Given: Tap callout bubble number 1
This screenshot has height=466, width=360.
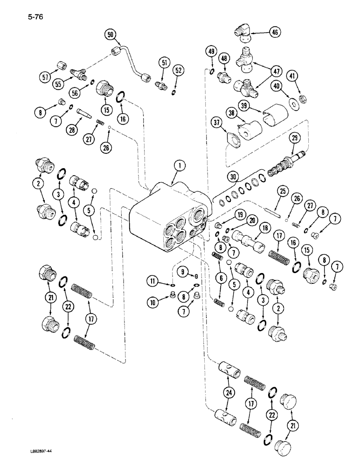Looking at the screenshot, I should (178, 164).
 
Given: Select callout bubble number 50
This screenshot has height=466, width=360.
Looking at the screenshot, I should (111, 34).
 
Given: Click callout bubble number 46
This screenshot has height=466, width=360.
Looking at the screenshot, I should (275, 32).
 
